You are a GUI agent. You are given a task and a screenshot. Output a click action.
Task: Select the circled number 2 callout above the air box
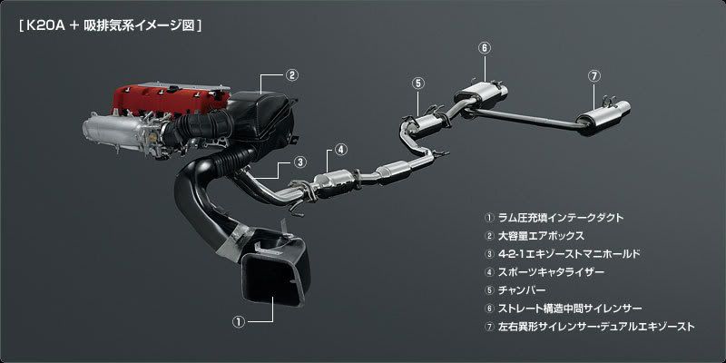coord(291,75)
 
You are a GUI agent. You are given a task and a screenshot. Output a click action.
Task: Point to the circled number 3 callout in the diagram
coord(300,162)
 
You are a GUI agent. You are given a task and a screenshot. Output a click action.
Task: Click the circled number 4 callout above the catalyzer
coord(339,149)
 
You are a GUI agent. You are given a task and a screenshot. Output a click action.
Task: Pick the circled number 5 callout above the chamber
coord(417,83)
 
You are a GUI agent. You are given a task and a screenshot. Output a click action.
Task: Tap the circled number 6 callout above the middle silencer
coord(484,48)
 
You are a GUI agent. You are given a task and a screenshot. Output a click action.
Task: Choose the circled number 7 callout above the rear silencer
coord(594,76)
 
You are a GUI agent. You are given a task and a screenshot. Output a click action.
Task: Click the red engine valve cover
coord(172,100)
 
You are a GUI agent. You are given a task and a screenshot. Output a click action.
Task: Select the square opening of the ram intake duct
coord(273,274)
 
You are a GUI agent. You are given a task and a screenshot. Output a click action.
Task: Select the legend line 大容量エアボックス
coord(535,236)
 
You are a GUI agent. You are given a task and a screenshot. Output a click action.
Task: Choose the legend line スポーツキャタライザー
coord(544,272)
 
